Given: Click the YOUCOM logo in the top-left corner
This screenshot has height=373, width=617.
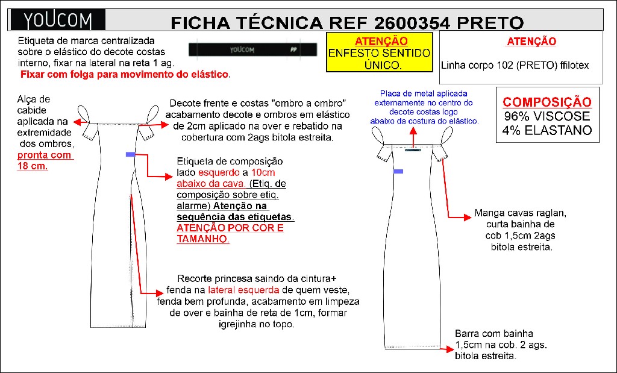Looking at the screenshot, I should click(58, 21).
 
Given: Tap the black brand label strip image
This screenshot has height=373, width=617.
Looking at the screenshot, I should click(252, 50).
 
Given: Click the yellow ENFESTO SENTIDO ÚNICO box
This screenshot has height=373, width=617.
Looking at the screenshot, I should click(380, 53).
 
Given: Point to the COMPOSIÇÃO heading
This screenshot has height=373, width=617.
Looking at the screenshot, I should click(547, 102).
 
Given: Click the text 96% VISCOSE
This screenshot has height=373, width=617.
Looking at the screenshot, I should click(547, 116).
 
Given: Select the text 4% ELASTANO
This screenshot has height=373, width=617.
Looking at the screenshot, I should click(547, 130).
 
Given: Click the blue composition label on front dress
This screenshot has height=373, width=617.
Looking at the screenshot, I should click(130, 155).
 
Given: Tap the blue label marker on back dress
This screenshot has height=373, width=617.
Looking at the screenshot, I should click(398, 172).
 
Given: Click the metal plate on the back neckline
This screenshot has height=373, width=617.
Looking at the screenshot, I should click(413, 151).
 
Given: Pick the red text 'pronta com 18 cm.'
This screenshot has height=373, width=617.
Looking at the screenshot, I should click(45, 160).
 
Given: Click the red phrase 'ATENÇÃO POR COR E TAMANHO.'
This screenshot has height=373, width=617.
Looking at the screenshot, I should click(230, 234).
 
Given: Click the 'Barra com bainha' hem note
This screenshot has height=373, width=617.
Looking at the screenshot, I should click(494, 333).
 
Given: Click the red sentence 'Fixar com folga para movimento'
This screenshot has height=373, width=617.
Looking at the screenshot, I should click(125, 74).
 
